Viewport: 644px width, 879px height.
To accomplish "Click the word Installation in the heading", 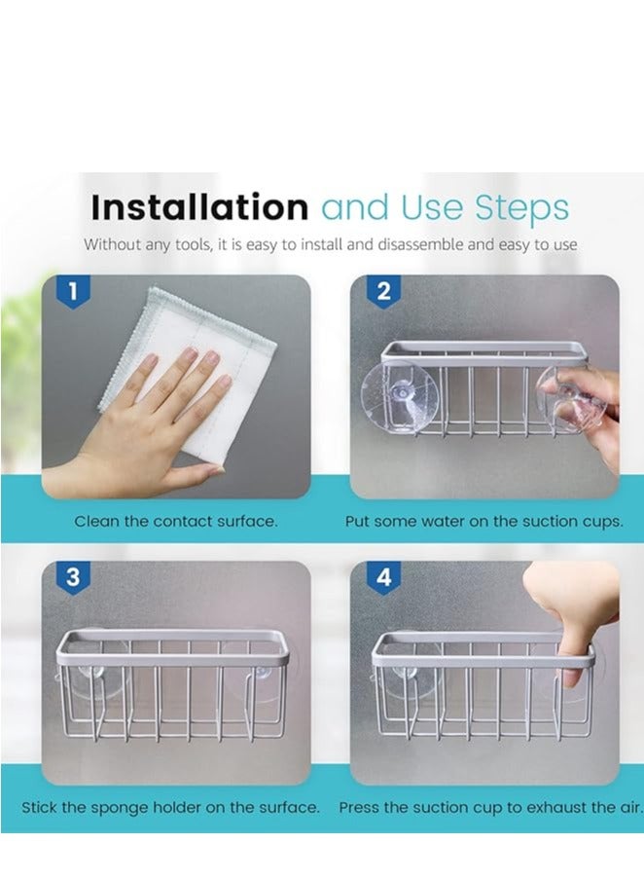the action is coord(199,207).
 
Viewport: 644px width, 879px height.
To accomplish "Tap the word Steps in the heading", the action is coord(522,208).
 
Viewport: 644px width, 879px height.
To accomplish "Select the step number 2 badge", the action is coord(383,291).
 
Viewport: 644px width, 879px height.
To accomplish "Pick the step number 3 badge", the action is coord(73,577).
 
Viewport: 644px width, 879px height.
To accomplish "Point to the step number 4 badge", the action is coord(383,577).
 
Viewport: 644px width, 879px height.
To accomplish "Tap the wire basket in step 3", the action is coord(172,685).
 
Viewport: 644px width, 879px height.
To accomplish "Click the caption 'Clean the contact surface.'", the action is coord(176,522).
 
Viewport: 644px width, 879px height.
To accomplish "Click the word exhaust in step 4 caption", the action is coord(555,808).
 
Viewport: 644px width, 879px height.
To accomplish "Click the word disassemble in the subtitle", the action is coord(420,245).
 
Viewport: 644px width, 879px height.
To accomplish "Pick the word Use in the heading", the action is coord(432,207).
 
